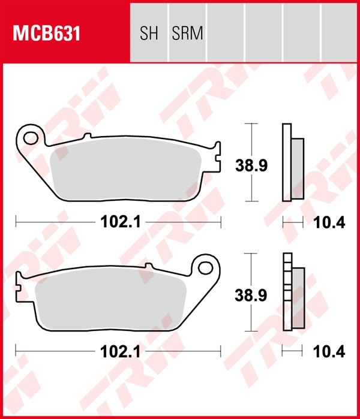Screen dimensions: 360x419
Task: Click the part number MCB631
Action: (47, 34)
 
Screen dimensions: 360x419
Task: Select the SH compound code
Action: (149, 33)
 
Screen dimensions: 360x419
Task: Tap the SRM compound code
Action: (187, 33)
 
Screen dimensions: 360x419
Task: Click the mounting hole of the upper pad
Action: (30, 138)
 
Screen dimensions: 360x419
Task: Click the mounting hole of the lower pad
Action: (205, 267)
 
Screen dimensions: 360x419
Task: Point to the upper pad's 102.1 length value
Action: (121, 222)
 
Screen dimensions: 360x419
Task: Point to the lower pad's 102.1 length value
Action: (121, 352)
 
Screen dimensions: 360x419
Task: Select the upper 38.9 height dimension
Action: (251, 165)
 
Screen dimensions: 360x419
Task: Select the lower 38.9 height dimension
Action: (251, 296)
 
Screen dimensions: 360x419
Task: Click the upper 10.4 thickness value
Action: (329, 222)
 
